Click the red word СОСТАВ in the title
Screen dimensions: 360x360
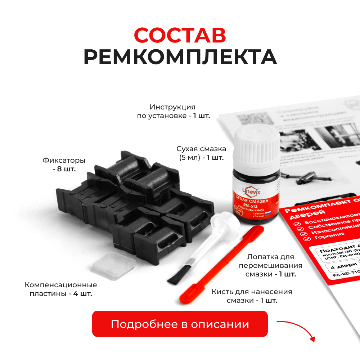coord(180,35)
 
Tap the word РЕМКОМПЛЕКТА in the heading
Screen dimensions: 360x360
coord(180,57)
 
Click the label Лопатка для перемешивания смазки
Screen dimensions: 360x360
coord(270,266)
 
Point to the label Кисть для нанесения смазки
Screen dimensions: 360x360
coord(252,296)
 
